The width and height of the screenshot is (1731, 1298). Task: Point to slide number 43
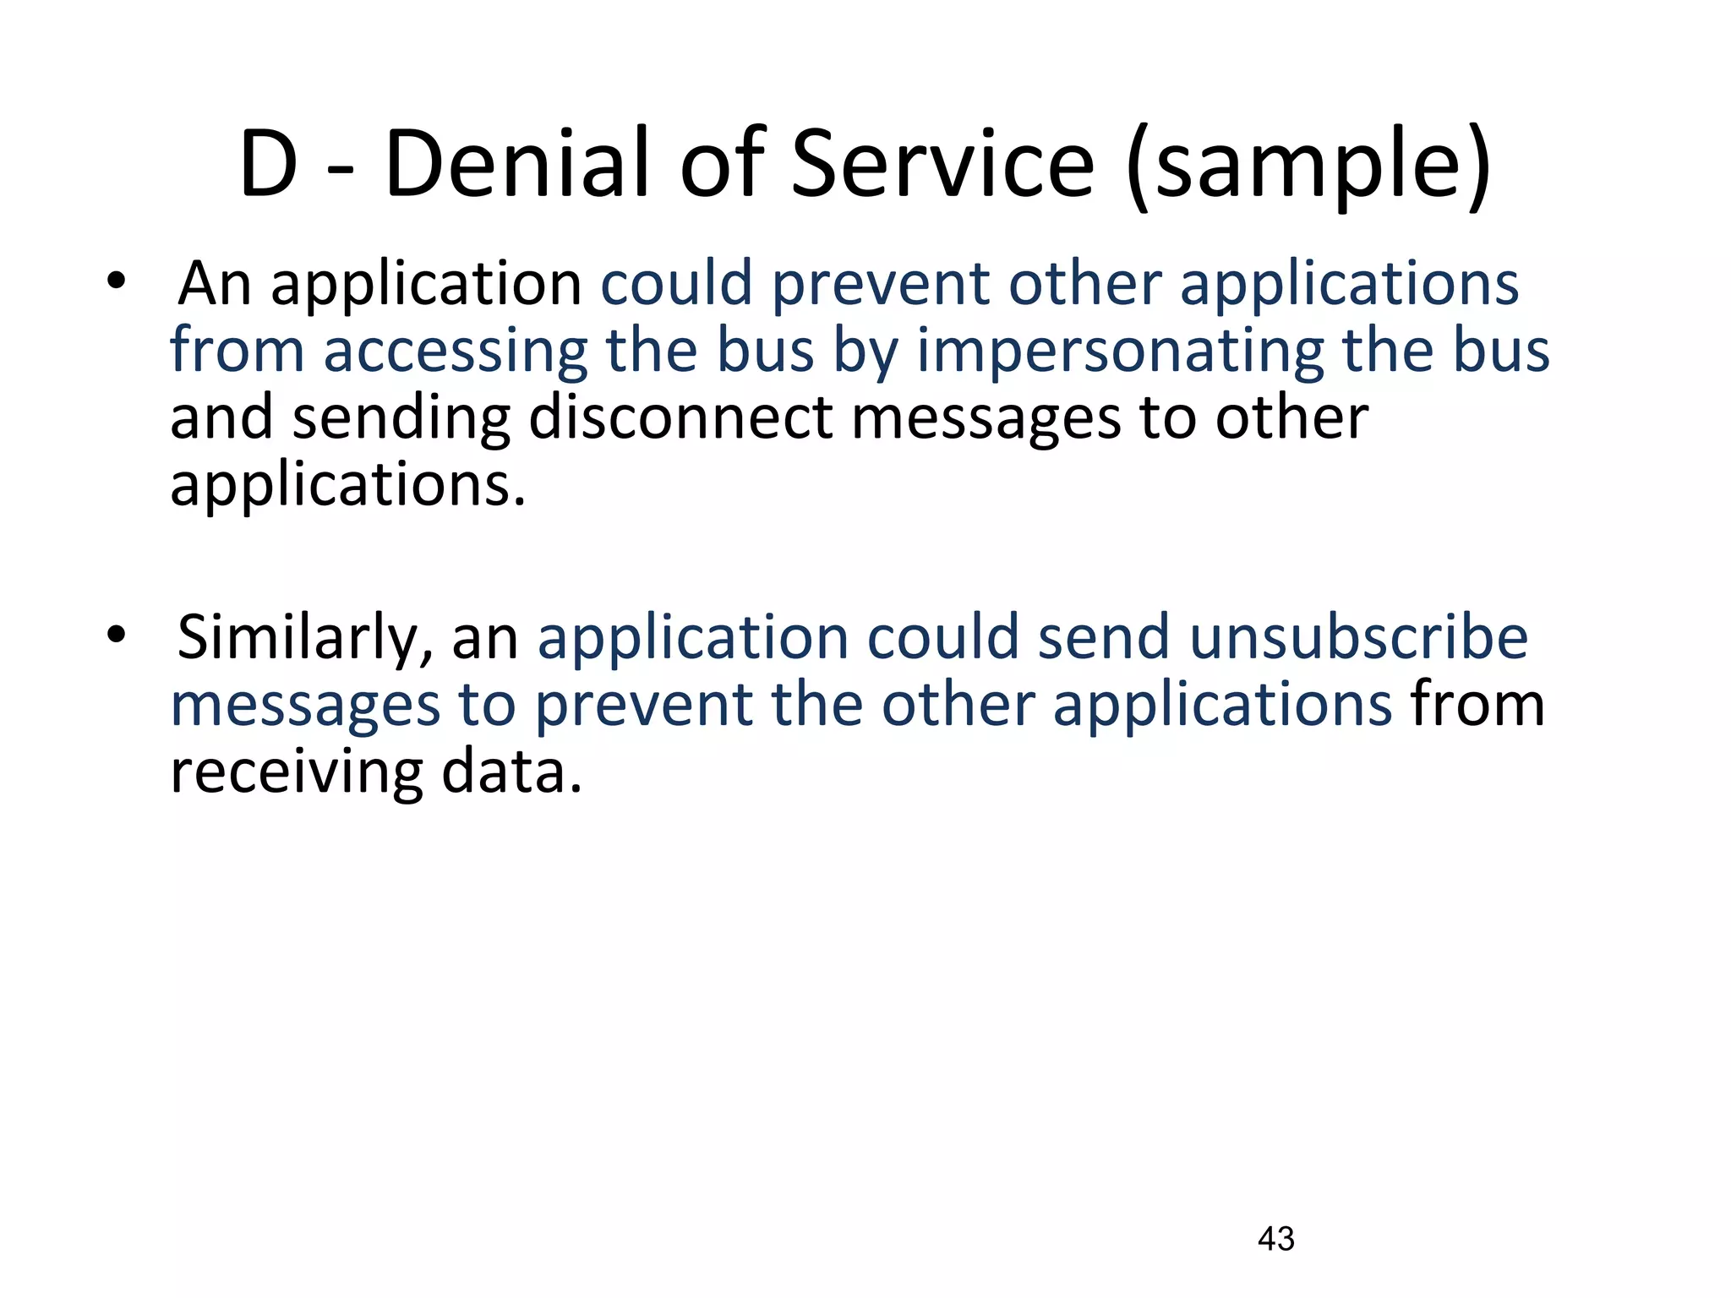[1275, 1239]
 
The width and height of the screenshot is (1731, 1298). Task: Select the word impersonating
[1120, 352]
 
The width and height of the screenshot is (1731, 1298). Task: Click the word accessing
[455, 352]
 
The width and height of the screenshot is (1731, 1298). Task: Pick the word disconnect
[680, 417]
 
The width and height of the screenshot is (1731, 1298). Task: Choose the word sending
[401, 419]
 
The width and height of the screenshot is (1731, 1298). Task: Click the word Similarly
[304, 637]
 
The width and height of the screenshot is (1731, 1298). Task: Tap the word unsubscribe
[1359, 637]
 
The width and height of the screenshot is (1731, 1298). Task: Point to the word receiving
[296, 772]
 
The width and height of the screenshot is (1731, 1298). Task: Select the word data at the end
[511, 771]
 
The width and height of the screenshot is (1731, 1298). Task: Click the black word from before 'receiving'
[1477, 705]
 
